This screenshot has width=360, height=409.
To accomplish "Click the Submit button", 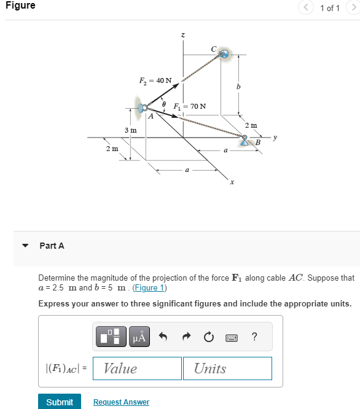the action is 60,402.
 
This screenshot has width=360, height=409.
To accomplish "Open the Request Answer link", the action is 121,402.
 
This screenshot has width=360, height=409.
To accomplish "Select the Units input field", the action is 227,368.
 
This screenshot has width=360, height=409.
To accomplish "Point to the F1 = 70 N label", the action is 190,106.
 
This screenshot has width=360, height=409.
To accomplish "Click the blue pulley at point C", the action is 224,55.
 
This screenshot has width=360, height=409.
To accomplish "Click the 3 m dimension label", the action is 130,130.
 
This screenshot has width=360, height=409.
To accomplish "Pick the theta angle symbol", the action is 164,103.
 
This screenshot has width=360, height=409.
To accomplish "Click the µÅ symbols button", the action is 141,337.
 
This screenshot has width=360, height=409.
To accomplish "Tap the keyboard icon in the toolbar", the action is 232,337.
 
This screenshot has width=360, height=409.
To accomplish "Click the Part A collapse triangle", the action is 25,246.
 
